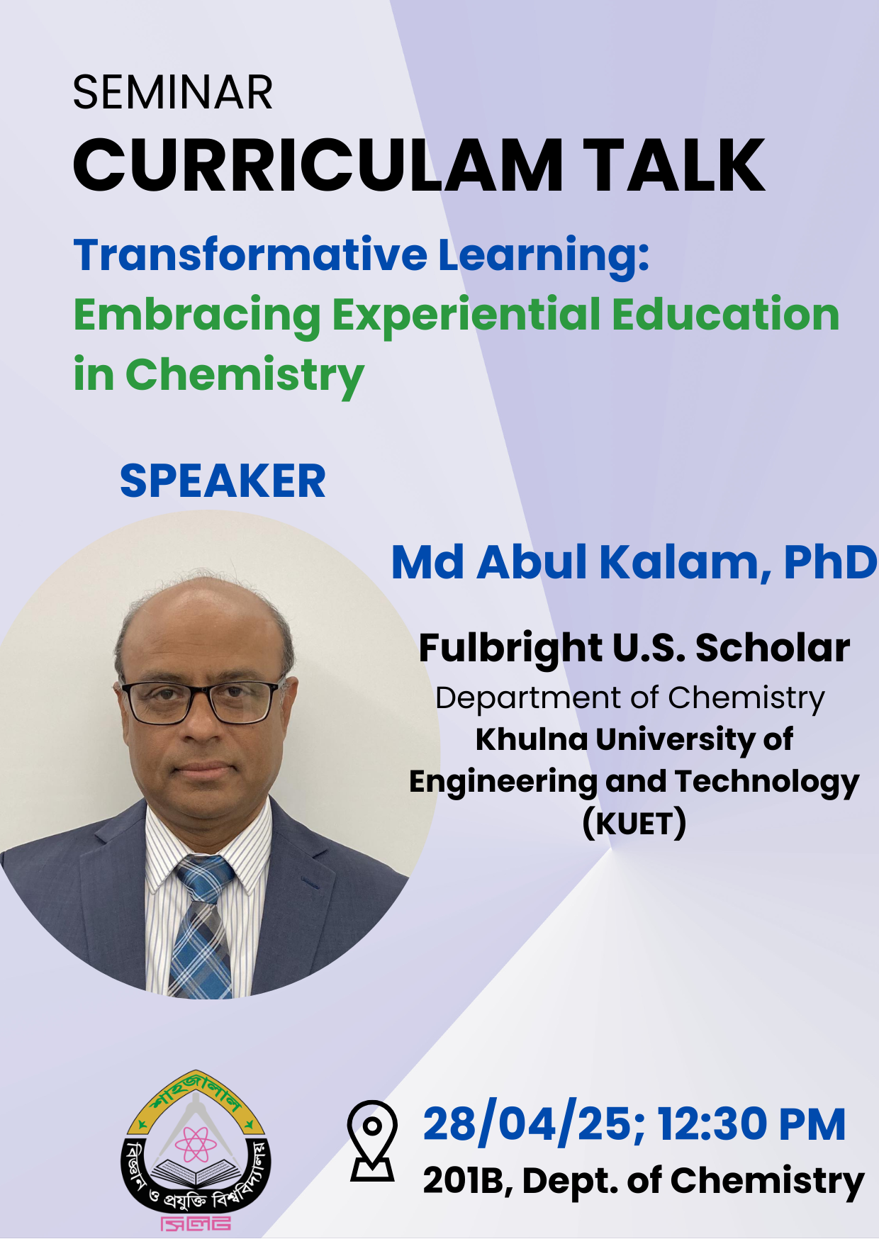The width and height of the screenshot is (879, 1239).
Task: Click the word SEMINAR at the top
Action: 173,92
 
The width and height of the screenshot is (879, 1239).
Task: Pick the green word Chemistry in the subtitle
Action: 245,376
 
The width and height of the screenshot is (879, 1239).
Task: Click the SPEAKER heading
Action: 223,481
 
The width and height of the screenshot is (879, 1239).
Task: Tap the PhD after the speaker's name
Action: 830,563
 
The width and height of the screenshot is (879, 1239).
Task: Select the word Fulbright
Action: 510,649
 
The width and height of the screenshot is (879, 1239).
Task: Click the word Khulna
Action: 532,739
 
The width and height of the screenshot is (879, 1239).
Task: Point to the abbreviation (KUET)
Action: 634,824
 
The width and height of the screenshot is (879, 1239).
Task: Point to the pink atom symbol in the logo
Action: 196,1144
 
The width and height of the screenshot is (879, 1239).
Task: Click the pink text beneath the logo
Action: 196,1223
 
